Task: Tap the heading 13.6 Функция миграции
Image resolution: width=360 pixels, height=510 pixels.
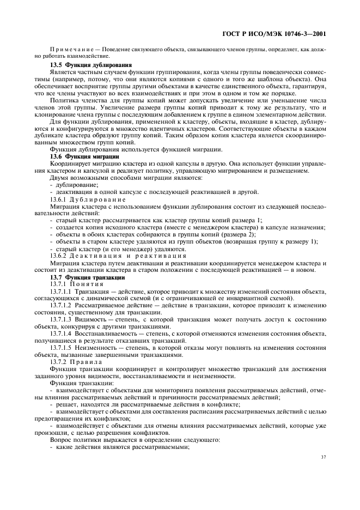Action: pyautogui.click(x=81, y=156)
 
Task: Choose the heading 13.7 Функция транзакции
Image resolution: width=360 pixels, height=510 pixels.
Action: pyautogui.click(x=83, y=277)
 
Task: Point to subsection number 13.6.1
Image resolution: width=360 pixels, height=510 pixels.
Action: pyautogui.click(x=59, y=199)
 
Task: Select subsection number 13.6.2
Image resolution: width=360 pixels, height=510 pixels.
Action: pyautogui.click(x=59, y=256)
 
